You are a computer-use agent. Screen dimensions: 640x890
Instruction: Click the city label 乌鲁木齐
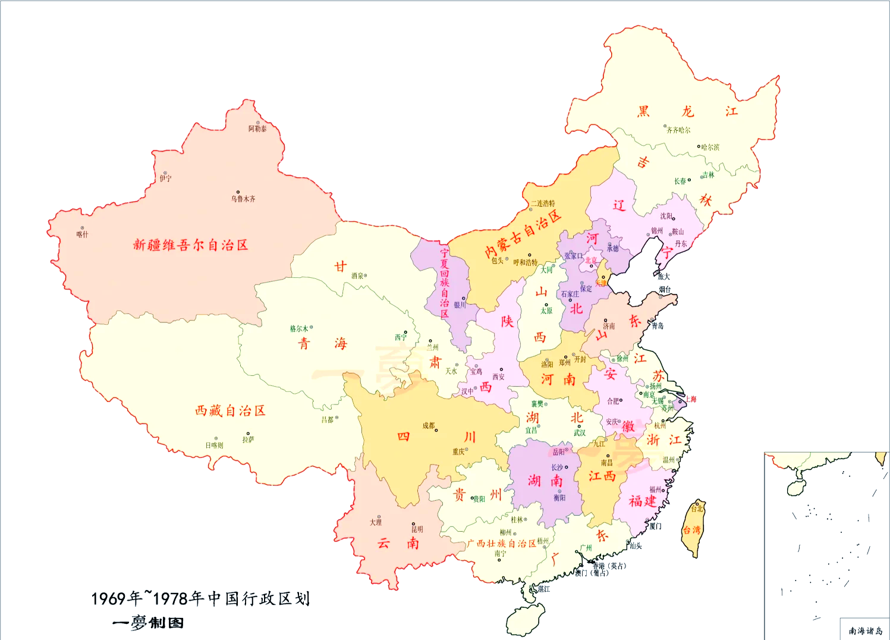coord(243,199)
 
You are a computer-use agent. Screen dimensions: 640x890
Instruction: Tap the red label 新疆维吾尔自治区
coord(190,245)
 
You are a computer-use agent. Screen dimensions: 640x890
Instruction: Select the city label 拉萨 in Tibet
coord(248,440)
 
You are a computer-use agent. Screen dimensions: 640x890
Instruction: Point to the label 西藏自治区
coord(230,411)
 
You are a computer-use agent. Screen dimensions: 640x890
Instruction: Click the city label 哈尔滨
coord(710,148)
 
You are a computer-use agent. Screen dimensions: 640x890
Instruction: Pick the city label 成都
coord(429,426)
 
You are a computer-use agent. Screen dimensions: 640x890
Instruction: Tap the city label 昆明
coord(417,529)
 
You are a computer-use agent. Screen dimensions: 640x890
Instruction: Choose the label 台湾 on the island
coord(691,530)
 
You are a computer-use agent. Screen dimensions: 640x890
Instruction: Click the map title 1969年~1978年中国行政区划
coord(200,598)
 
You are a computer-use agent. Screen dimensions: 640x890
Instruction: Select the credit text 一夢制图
coord(148,623)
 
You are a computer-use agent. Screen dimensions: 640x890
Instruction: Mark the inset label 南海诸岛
coord(865,631)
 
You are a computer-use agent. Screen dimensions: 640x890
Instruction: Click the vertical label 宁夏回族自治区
coord(445,283)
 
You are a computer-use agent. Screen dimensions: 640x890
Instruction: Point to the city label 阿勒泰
coord(257,129)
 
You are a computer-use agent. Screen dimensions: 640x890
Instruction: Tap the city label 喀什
coord(82,235)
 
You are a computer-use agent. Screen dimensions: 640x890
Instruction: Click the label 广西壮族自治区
coord(502,544)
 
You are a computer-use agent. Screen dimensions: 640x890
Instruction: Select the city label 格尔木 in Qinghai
coord(299,328)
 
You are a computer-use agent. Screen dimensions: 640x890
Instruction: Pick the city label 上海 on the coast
coord(691,399)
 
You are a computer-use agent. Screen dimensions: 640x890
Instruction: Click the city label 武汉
coord(579,433)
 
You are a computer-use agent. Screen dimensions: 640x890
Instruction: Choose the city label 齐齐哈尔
coord(678,130)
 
